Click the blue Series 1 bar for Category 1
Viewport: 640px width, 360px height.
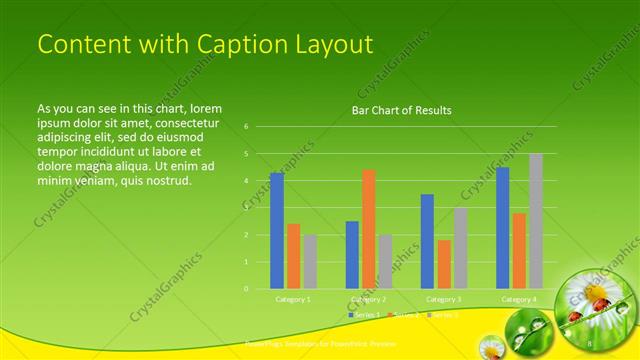277,230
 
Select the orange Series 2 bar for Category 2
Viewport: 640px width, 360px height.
369,229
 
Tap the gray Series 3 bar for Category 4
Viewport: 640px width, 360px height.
536,221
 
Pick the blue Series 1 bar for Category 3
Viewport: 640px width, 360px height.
427,241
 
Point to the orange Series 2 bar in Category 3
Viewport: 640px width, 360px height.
444,264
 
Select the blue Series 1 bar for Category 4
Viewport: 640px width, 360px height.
502,228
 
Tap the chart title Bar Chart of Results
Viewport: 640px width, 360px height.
401,110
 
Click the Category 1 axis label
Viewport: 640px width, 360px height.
293,299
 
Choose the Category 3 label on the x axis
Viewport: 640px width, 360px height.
443,299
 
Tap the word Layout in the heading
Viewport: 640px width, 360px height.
329,45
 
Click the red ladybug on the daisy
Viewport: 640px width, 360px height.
600,304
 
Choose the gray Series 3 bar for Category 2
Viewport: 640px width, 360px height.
386,262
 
